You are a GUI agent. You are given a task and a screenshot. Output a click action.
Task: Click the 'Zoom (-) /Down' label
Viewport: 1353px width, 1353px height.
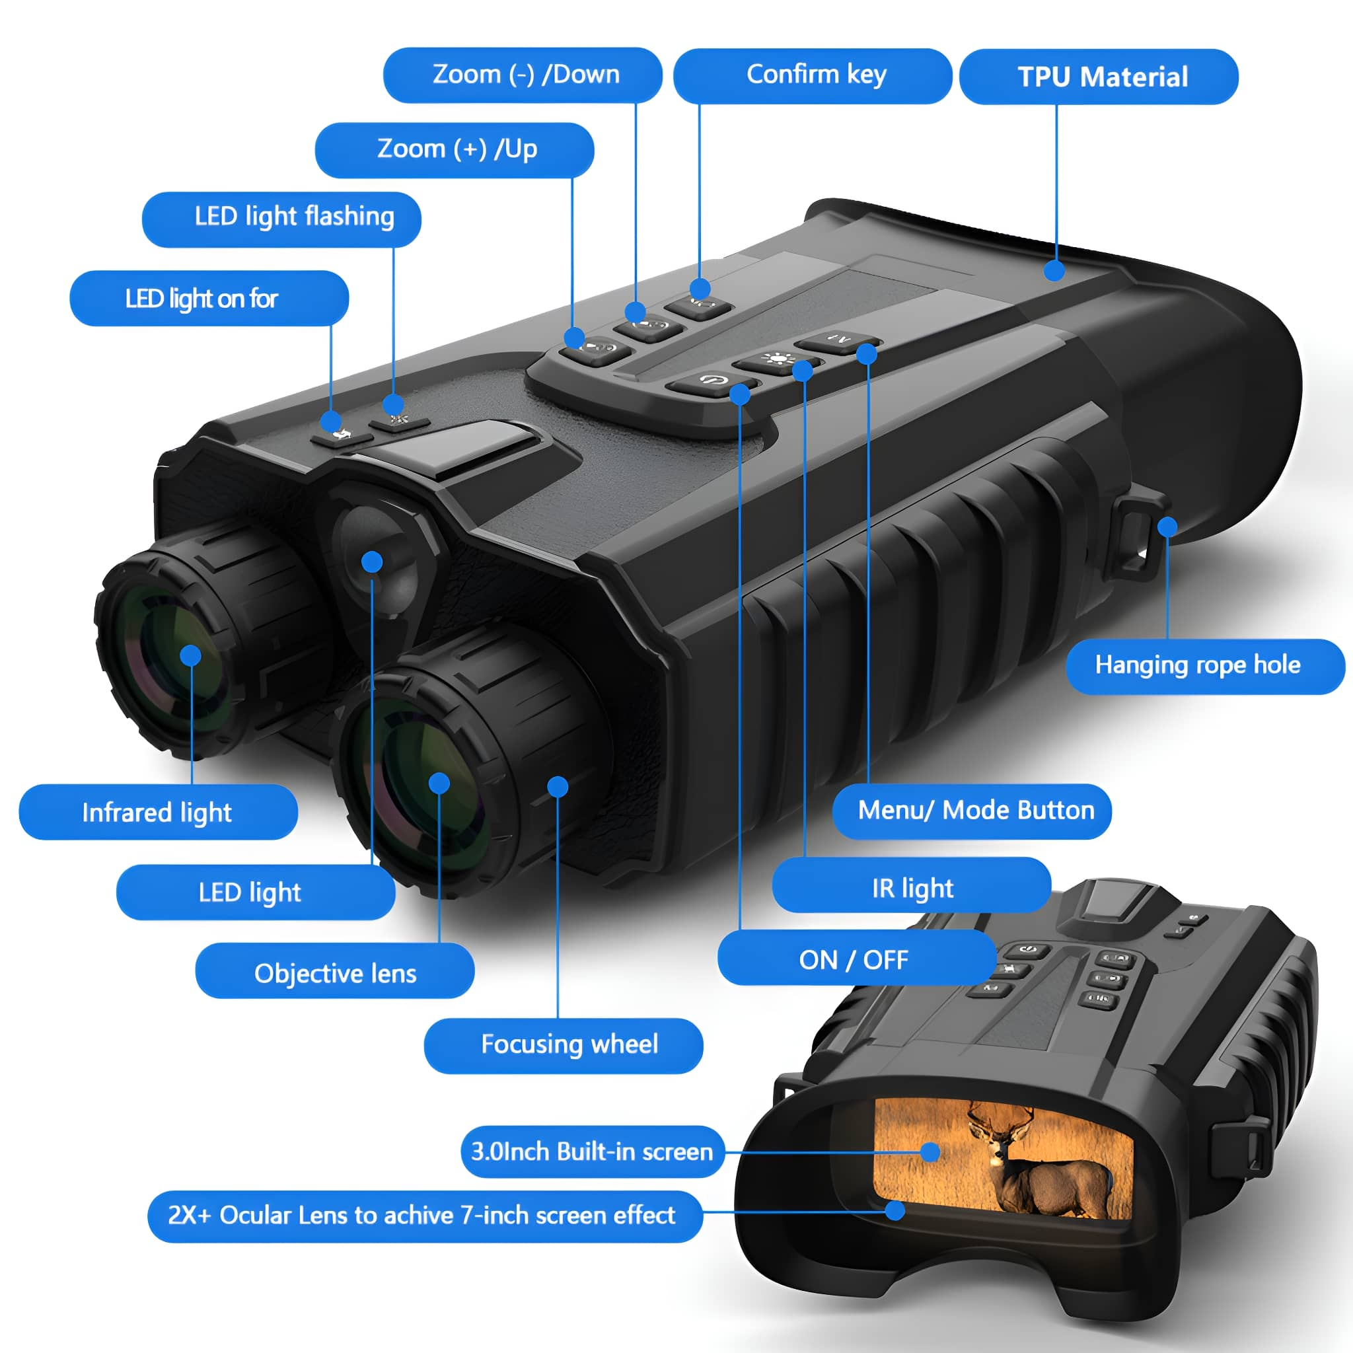pyautogui.click(x=523, y=75)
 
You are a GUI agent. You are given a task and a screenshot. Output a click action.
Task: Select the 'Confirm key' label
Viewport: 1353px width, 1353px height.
pyautogui.click(x=813, y=75)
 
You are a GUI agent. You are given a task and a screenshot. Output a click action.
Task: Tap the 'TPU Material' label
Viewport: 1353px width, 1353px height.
pyautogui.click(x=1099, y=77)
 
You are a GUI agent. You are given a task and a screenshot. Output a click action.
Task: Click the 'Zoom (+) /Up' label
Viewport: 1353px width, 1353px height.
pyautogui.click(x=455, y=150)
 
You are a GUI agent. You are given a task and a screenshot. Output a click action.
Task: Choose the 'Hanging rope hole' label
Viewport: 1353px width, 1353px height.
pyautogui.click(x=1205, y=666)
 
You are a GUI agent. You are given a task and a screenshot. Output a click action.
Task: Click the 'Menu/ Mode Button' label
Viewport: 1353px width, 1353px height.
pyautogui.click(x=972, y=811)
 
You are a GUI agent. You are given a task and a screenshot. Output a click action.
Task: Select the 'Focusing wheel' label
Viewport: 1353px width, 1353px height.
pyautogui.click(x=564, y=1046)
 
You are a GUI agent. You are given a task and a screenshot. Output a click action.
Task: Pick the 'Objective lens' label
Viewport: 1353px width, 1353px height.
pyautogui.click(x=335, y=972)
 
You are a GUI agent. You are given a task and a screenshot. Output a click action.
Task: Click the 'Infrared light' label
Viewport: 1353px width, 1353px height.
pyautogui.click(x=159, y=812)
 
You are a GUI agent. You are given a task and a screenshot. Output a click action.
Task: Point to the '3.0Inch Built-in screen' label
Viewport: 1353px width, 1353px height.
pyautogui.click(x=593, y=1152)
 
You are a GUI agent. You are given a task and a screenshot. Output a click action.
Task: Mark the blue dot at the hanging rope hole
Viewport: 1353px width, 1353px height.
pyautogui.click(x=1167, y=527)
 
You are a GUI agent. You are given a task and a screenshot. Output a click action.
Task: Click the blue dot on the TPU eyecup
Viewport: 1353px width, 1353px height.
pyautogui.click(x=1054, y=270)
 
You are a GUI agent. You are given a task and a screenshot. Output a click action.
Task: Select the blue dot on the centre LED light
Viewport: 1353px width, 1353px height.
pyautogui.click(x=372, y=561)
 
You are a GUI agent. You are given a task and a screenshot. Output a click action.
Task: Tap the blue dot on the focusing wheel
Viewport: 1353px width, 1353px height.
pyautogui.click(x=558, y=786)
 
